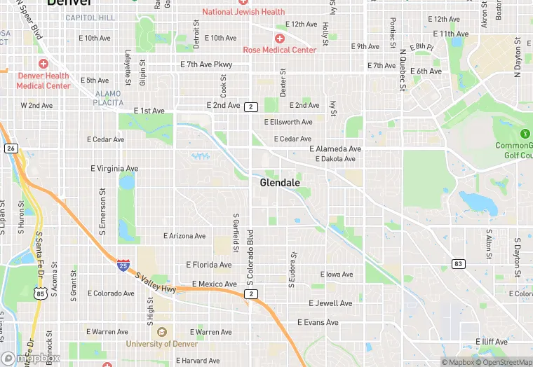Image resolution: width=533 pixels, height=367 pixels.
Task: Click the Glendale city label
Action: [280, 183]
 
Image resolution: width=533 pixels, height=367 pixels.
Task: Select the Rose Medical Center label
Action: [279, 50]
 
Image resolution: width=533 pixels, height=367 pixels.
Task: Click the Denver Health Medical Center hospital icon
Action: [43, 64]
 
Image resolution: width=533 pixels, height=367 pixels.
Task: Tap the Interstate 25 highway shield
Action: [123, 265]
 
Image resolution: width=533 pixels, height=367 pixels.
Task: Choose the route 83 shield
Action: [458, 263]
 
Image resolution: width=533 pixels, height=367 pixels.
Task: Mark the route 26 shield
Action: [11, 148]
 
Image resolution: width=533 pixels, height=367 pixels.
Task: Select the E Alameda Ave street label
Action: [335, 149]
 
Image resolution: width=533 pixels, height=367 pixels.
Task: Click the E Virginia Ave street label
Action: [115, 169]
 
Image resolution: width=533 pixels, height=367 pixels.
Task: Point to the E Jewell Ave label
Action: [331, 303]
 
